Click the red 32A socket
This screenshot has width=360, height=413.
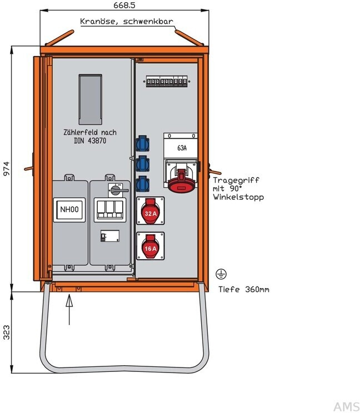click(x=149, y=211)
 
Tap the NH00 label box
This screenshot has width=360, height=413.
click(x=69, y=210)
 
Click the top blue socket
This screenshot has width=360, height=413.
click(x=143, y=144)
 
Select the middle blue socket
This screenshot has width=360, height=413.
click(x=143, y=164)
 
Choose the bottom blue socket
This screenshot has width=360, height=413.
click(x=143, y=183)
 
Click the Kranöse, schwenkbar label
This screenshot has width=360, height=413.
click(x=127, y=22)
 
